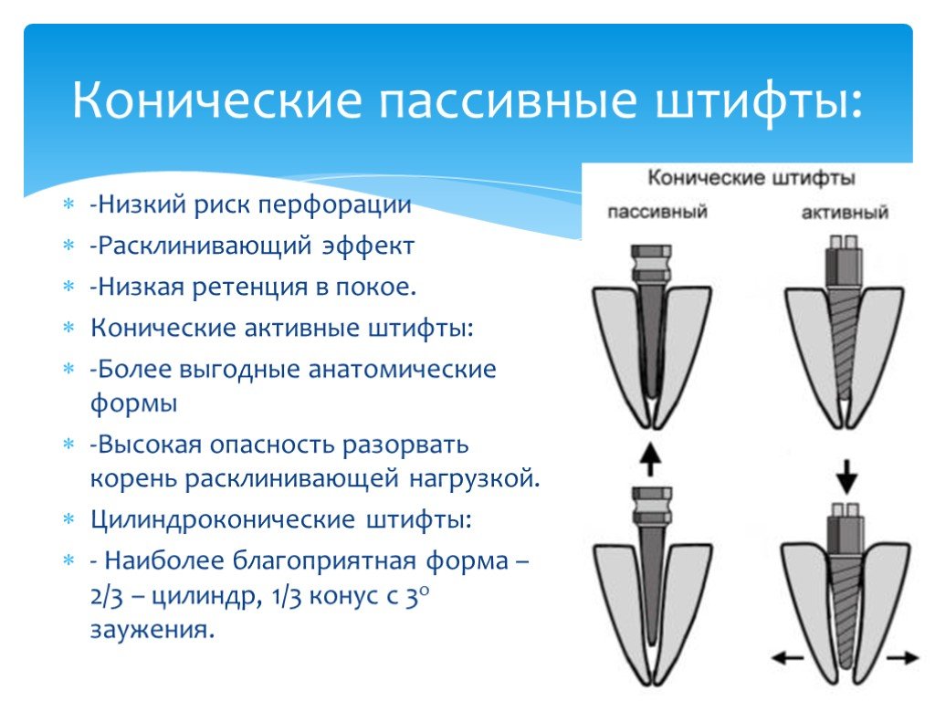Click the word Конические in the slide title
coord(217,102)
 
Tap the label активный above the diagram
coord(845,213)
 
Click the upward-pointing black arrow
coord(649,457)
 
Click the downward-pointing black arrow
coord(846,475)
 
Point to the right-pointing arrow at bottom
coord(903,656)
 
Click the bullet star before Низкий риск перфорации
coord(67,204)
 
